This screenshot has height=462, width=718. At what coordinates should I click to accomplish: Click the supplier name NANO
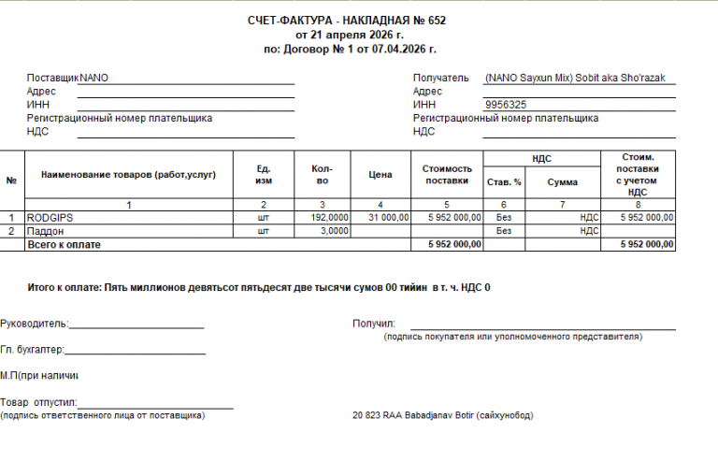tap(94, 79)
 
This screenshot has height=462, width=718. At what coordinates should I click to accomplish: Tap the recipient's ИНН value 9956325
tap(506, 106)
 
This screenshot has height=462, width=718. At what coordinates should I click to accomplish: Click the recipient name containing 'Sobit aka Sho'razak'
tap(575, 79)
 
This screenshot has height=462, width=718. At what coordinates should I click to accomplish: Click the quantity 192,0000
tap(330, 217)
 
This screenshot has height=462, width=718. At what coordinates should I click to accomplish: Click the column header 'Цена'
tap(380, 174)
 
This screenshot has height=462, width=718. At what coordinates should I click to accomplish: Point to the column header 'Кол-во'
tap(321, 174)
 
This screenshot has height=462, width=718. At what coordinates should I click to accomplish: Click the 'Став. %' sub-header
tap(504, 181)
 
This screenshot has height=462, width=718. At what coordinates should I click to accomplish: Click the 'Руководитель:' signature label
tap(35, 324)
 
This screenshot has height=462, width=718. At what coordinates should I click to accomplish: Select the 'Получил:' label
tap(374, 324)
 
